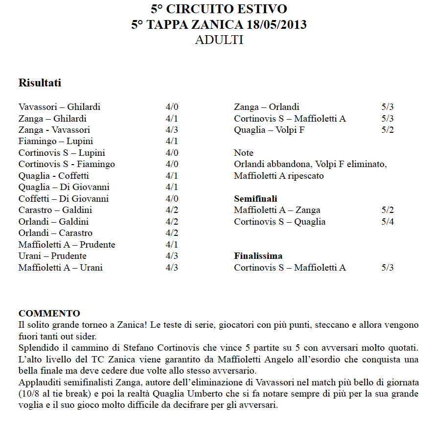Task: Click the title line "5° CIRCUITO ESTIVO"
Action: [x=219, y=9]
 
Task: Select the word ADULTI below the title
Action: [x=219, y=40]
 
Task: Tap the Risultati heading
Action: [x=40, y=83]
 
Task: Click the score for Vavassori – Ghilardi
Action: [x=172, y=107]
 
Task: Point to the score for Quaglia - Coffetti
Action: [x=172, y=176]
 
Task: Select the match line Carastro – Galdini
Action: [x=55, y=210]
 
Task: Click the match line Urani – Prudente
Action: [x=52, y=256]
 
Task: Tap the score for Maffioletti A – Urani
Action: [x=172, y=268]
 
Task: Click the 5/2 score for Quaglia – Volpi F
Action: [x=388, y=130]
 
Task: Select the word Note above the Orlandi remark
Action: [x=244, y=153]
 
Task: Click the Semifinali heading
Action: [x=255, y=199]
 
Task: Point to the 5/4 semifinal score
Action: [x=388, y=222]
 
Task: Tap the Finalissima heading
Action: [x=258, y=256]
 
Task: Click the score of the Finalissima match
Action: [x=388, y=268]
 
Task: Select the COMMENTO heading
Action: [x=49, y=313]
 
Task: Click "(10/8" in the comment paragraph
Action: [x=29, y=394]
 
